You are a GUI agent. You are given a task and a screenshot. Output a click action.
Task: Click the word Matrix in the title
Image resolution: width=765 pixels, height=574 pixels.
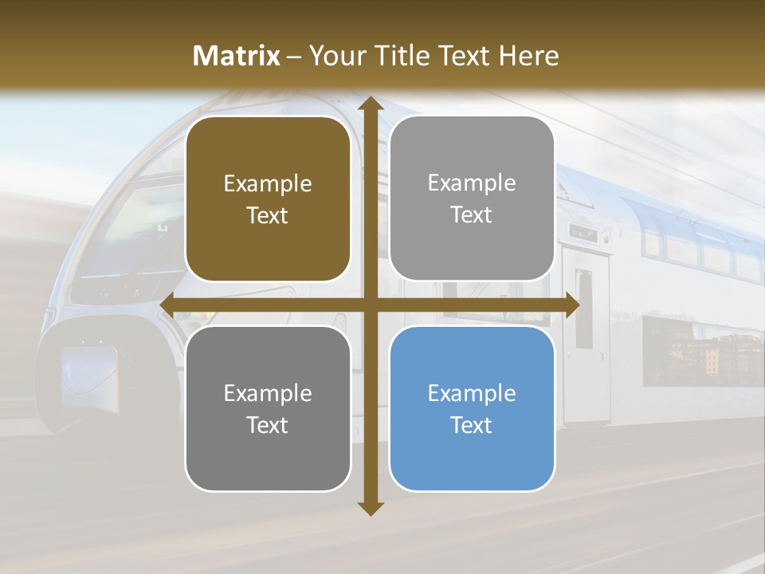tap(237, 56)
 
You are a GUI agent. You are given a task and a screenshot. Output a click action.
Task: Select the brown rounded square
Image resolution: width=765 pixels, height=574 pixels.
tap(268, 199)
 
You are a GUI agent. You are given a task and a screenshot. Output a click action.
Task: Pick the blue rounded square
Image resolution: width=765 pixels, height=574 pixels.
tap(472, 409)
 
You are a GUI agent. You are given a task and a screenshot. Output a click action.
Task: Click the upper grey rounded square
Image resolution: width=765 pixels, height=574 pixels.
tap(472, 199)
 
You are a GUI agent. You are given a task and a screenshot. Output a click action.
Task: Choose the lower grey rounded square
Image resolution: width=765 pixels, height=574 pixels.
tap(268, 409)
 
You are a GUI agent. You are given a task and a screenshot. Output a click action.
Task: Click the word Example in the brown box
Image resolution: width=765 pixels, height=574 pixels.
tap(268, 184)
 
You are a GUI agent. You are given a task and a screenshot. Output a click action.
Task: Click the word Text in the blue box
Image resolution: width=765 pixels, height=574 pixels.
tap(472, 425)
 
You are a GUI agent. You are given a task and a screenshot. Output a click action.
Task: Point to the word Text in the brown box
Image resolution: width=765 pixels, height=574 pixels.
tap(268, 215)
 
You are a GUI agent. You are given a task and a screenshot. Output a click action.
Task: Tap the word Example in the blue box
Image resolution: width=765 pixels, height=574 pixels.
tap(472, 393)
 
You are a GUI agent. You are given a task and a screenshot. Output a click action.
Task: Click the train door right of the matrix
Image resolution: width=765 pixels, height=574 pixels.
tap(586, 335)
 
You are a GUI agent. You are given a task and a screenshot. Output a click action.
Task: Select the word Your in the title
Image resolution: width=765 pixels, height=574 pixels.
tap(335, 56)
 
